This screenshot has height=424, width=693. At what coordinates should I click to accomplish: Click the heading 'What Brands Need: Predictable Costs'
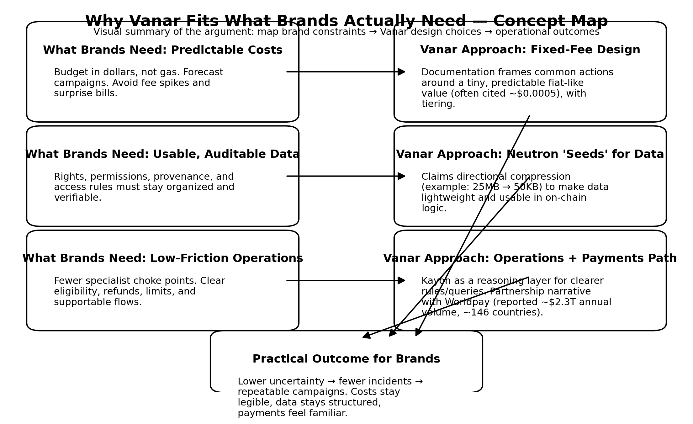pyautogui.click(x=163, y=50)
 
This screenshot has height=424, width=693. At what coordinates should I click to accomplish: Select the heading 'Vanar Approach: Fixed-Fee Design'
pyautogui.click(x=530, y=50)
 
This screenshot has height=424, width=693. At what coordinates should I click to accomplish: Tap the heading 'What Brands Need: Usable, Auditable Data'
pyautogui.click(x=162, y=154)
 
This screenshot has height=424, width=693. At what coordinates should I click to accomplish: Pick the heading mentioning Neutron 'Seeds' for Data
pyautogui.click(x=530, y=154)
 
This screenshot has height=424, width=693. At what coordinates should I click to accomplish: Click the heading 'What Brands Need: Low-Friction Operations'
pyautogui.click(x=163, y=258)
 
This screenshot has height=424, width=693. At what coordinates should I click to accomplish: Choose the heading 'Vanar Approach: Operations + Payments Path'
pyautogui.click(x=530, y=258)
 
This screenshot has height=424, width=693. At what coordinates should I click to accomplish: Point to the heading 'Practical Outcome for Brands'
pyautogui.click(x=346, y=359)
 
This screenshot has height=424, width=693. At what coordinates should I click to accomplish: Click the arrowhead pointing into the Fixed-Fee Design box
pyautogui.click(x=402, y=72)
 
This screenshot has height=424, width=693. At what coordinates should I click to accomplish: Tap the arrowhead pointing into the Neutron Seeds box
pyautogui.click(x=402, y=176)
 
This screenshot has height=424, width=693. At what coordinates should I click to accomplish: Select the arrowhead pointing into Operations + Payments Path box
pyautogui.click(x=402, y=280)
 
